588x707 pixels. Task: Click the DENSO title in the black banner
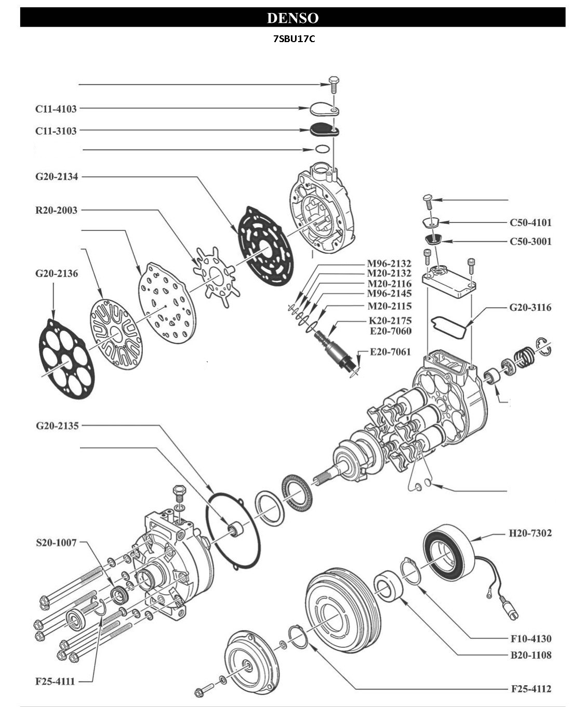[292, 18]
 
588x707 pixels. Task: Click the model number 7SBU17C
[294, 39]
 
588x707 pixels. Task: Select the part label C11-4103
[56, 109]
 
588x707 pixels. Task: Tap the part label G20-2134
[57, 177]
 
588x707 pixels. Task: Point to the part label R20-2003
[56, 211]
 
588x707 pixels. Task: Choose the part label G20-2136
[57, 273]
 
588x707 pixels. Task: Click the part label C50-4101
[530, 223]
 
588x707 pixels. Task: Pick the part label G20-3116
[530, 308]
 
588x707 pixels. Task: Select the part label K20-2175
[390, 321]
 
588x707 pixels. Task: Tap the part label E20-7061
[390, 352]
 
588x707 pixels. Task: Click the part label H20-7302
[530, 533]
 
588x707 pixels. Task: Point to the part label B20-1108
[530, 656]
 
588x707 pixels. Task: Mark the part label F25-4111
[55, 682]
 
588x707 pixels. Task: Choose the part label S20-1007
[56, 543]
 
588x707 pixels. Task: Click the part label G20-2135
[57, 426]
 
